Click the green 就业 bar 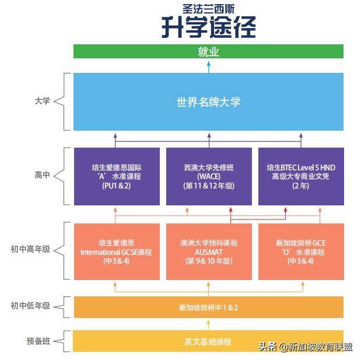click(x=208, y=51)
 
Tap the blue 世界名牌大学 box click(x=208, y=102)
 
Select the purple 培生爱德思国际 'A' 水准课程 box click(x=117, y=176)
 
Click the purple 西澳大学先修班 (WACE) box click(x=208, y=176)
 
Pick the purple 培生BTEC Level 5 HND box click(x=300, y=176)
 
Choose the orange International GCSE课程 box click(x=117, y=251)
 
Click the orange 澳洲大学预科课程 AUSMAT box click(x=208, y=251)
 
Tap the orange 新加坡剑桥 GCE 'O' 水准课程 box click(x=300, y=251)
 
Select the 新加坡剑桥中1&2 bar click(x=208, y=307)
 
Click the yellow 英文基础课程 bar click(x=208, y=341)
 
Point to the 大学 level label click(x=42, y=101)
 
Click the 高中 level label click(x=42, y=175)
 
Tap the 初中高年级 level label click(x=30, y=249)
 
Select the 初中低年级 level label click(x=30, y=306)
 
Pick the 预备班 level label click(x=38, y=341)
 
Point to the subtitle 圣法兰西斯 click(x=208, y=9)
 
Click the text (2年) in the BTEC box click(x=300, y=186)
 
